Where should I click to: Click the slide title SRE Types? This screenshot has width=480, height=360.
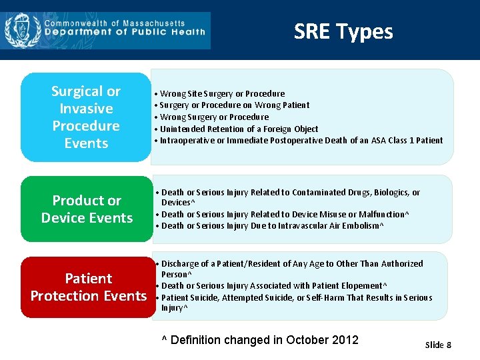343,31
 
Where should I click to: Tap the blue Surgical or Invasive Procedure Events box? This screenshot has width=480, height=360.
86,117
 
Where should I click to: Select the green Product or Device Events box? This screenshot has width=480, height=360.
87,209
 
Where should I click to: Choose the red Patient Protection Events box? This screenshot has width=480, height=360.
88,287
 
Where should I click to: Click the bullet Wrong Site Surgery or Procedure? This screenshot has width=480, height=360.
222,94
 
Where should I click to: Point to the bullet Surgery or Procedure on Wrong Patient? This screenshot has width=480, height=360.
234,105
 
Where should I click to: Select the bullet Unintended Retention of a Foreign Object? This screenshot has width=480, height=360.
239,129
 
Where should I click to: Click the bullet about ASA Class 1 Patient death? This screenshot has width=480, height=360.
301,141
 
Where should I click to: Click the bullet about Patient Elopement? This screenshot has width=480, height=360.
274,286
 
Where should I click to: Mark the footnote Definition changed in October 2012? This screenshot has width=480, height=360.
261,340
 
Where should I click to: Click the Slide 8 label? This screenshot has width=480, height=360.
438,345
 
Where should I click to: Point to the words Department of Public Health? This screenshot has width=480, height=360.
125,32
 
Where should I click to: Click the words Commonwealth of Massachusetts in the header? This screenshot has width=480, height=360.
115,23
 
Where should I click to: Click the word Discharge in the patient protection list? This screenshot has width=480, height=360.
180,264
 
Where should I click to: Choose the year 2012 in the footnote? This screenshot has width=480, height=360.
345,340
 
